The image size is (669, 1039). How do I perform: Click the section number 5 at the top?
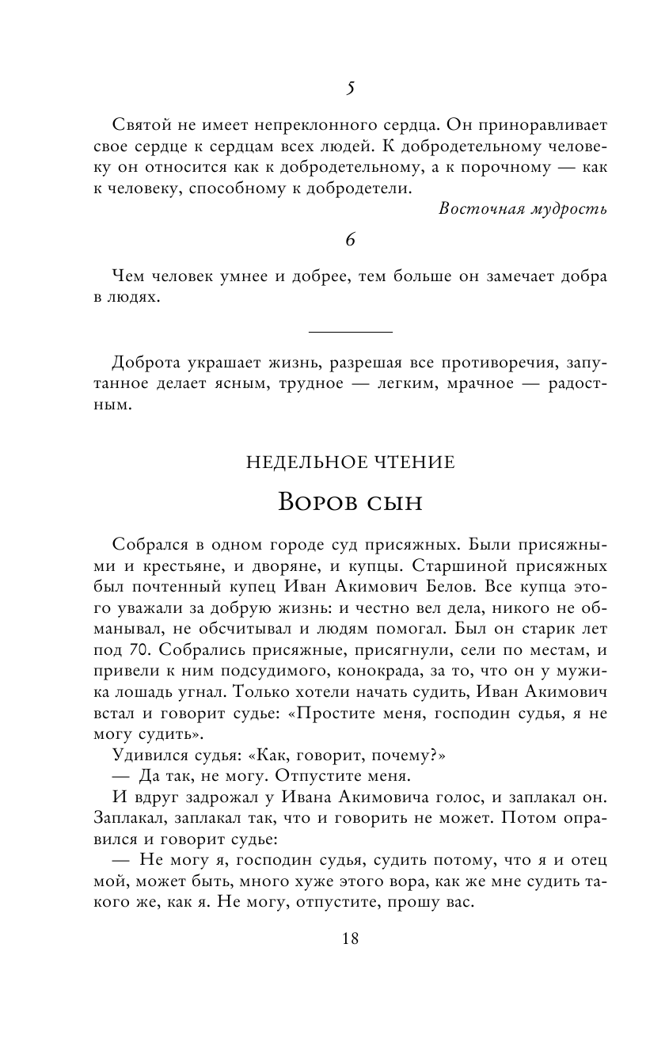point(350,89)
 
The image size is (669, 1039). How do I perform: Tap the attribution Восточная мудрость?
point(523,209)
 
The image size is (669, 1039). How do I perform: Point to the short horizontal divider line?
point(350,331)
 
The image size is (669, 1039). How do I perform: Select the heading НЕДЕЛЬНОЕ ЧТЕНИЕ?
point(350,462)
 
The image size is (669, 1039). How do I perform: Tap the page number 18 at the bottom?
point(350,938)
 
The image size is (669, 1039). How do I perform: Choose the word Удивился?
point(150,753)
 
